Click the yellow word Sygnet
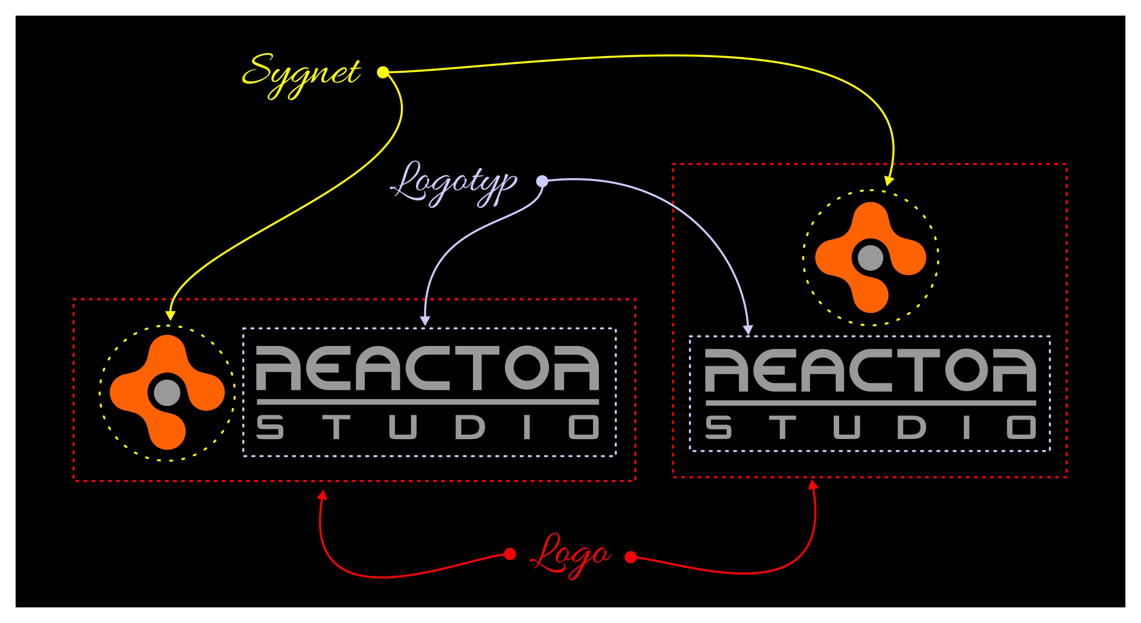click(301, 74)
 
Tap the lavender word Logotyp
click(453, 183)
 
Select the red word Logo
click(570, 556)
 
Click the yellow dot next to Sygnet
click(383, 72)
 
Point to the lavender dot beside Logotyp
click(542, 181)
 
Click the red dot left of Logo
click(510, 554)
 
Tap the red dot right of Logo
click(630, 557)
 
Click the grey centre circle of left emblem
click(167, 393)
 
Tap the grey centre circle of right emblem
click(870, 258)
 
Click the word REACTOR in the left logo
click(427, 368)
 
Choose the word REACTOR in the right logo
click(870, 370)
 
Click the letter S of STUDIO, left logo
click(270, 427)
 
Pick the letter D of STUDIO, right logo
click(911, 427)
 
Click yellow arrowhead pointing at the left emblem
click(170, 315)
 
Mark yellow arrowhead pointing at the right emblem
click(889, 181)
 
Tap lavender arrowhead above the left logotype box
click(425, 321)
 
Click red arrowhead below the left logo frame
click(322, 495)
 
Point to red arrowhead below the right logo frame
click(813, 484)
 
